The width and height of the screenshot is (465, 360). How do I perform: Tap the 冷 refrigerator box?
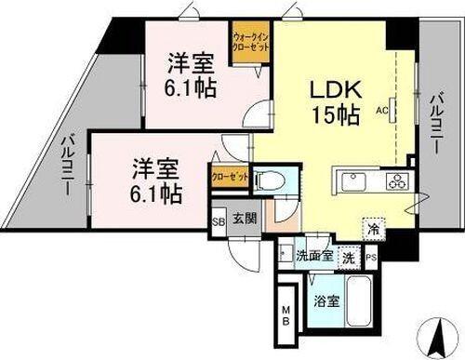point(372,227)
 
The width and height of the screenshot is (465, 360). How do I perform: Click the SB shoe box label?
point(219,220)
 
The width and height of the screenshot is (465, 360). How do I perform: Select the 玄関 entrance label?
point(240,220)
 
